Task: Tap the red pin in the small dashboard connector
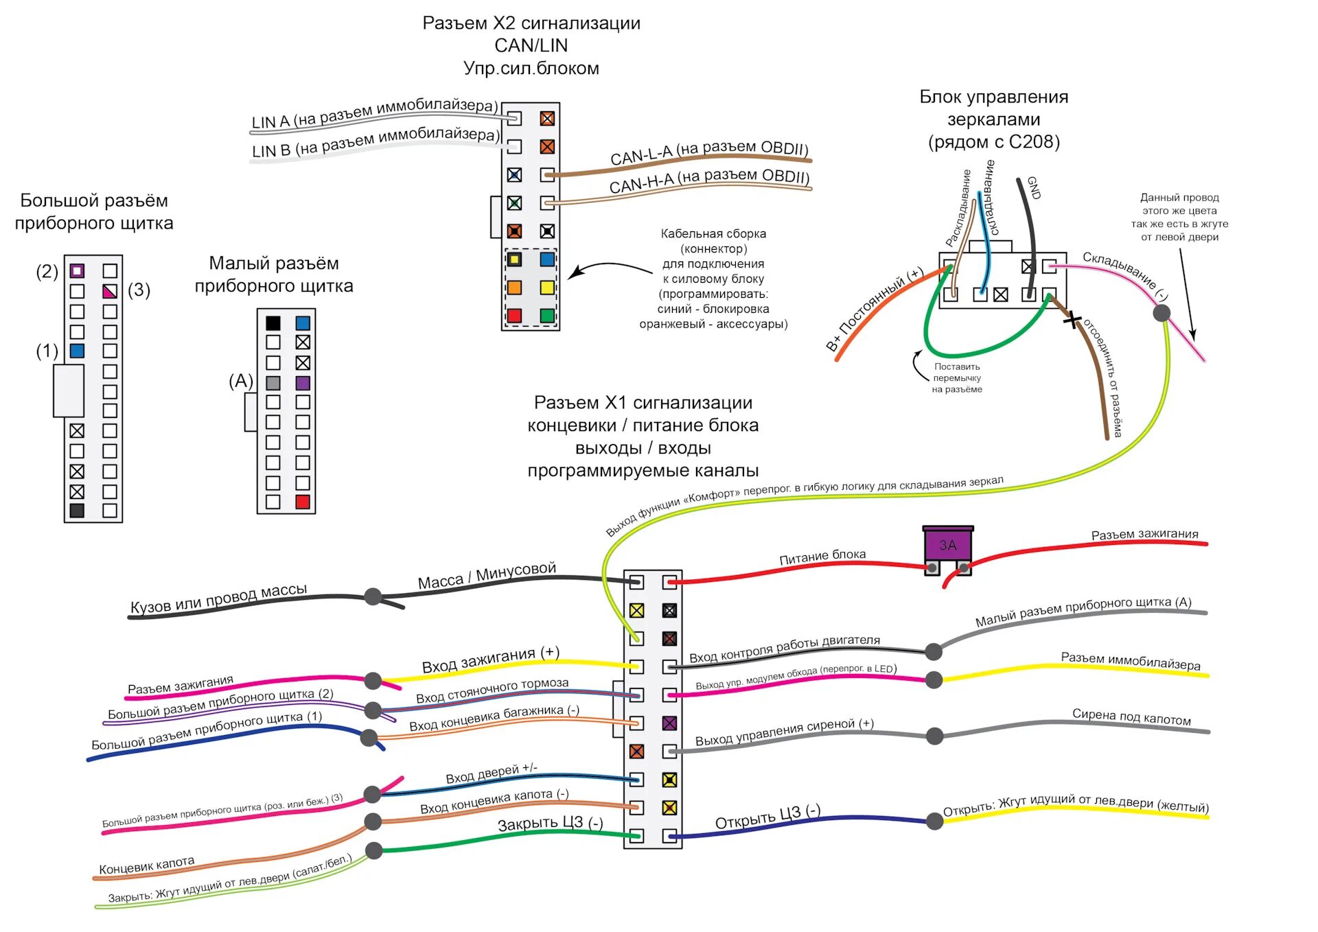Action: click(x=303, y=502)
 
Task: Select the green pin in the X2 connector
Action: click(x=547, y=316)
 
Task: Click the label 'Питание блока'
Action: click(x=822, y=557)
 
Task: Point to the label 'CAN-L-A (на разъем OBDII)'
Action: click(x=709, y=152)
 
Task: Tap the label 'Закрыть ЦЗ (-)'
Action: click(x=551, y=824)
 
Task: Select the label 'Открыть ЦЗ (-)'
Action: click(x=767, y=817)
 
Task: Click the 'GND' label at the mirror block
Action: click(x=1034, y=187)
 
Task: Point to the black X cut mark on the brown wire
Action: click(x=1072, y=320)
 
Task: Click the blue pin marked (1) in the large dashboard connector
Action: click(x=77, y=351)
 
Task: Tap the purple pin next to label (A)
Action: click(x=303, y=383)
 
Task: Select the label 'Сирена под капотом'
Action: click(x=1131, y=717)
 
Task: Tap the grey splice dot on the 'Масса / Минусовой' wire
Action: click(x=373, y=596)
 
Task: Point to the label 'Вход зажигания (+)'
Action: click(x=490, y=660)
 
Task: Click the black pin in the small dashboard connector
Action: click(x=273, y=323)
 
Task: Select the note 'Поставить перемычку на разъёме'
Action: click(x=957, y=378)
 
